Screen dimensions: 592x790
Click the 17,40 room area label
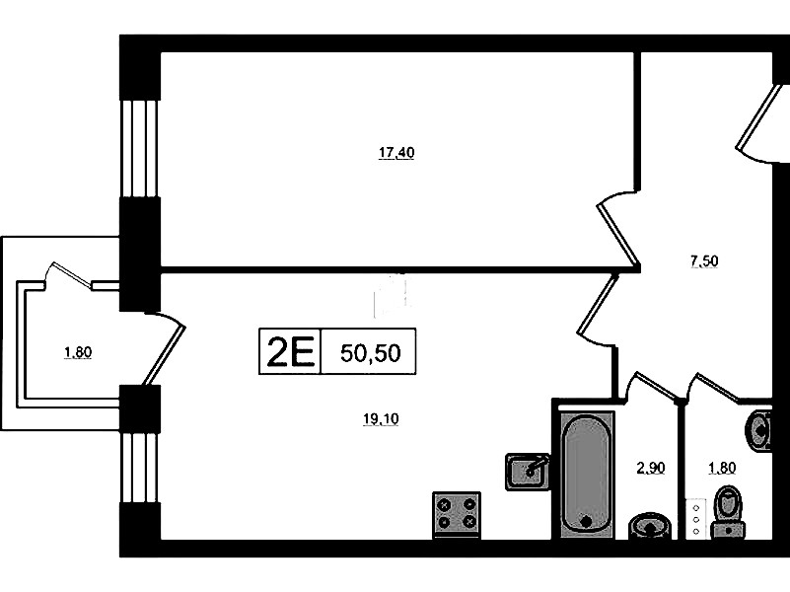coord(395,153)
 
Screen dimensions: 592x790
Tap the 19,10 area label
coord(380,418)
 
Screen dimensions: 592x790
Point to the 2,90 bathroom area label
coord(650,469)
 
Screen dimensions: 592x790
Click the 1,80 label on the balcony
coord(77,352)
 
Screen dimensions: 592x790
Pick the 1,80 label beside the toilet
coord(723,469)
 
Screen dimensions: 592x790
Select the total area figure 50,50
coord(370,352)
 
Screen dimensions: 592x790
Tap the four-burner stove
coord(457,514)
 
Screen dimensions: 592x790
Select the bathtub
coord(586,474)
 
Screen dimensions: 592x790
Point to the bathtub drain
coord(586,520)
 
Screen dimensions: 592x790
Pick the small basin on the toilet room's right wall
coord(761,429)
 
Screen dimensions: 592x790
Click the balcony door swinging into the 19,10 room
coord(165,347)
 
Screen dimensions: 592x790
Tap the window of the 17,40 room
coord(139,148)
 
